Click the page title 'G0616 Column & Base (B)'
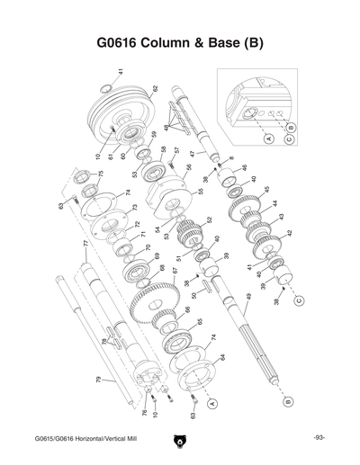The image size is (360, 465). click(179, 42)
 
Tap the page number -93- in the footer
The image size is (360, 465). click(319, 438)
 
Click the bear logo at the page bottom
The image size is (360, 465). click(179, 441)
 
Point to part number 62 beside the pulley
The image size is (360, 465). click(155, 90)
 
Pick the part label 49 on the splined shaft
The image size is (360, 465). click(248, 297)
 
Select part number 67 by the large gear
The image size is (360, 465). click(174, 270)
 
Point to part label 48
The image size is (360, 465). click(166, 129)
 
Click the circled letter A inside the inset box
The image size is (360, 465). click(266, 139)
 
